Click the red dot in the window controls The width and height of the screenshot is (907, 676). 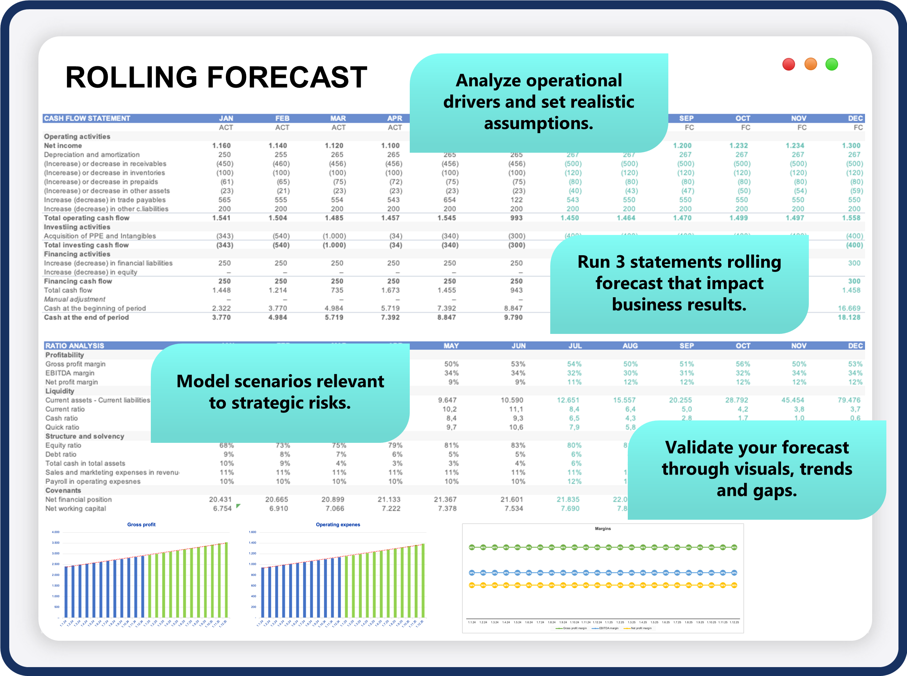789,64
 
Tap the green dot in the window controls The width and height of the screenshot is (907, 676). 831,64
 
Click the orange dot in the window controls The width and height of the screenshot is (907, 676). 810,64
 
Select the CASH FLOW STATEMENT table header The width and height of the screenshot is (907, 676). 87,118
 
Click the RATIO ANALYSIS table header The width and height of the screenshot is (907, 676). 74,346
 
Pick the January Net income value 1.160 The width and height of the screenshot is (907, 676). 221,146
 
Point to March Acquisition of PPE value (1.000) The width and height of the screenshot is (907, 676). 334,236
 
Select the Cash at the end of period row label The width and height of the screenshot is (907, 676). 86,318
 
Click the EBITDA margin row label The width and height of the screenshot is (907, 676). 69,373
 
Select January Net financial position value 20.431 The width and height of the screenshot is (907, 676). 220,500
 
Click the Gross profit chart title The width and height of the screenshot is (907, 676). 141,525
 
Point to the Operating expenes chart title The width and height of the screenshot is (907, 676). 338,525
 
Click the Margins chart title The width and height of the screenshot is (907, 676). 603,529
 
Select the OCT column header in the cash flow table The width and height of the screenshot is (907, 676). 743,118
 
